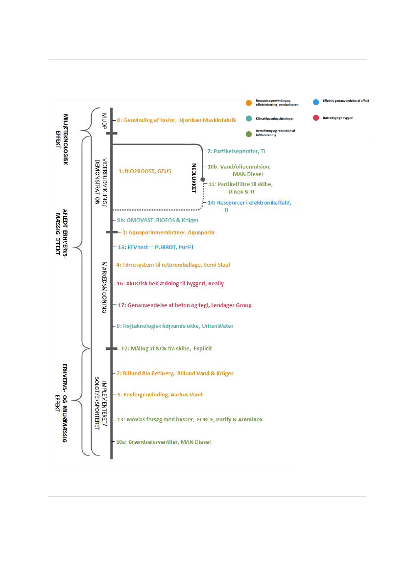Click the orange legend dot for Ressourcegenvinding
click(x=249, y=103)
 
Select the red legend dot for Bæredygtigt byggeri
click(x=316, y=118)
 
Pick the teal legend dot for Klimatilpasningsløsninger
click(x=249, y=118)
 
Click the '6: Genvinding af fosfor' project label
click(x=177, y=120)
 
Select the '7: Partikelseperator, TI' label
click(x=236, y=152)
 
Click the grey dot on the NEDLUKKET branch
click(x=203, y=180)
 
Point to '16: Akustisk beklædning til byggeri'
click(x=170, y=283)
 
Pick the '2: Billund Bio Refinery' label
click(x=175, y=373)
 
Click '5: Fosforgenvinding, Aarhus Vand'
click(x=160, y=394)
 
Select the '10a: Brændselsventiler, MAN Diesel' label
click(x=164, y=442)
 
